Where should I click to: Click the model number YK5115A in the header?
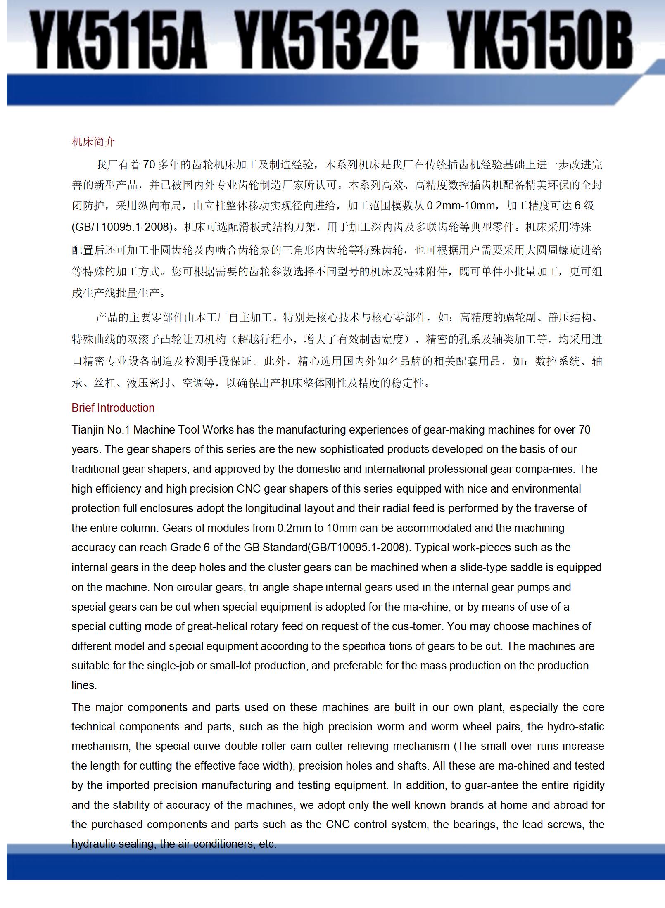[x=121, y=40]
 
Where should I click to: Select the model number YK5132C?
[x=328, y=40]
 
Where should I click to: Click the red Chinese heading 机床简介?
[x=93, y=142]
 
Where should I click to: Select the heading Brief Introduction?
[x=113, y=408]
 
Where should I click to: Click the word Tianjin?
[x=88, y=429]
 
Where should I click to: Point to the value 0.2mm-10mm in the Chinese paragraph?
[x=460, y=205]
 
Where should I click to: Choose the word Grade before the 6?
[x=185, y=547]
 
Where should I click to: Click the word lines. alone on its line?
[x=84, y=685]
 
